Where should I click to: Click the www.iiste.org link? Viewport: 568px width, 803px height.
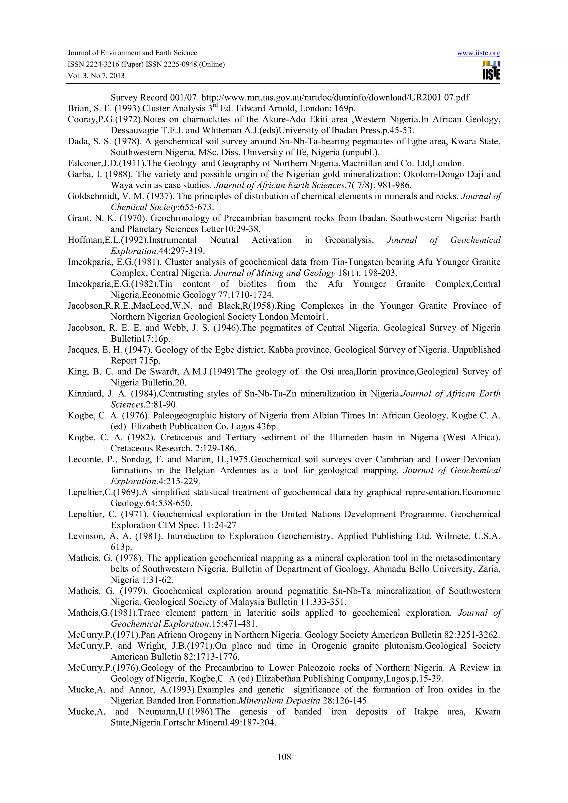[478, 53]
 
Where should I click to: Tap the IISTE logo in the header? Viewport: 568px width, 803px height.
[491, 71]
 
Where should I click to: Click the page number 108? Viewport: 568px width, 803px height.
[284, 757]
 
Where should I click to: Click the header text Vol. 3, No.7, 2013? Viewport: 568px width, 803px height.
[96, 76]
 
